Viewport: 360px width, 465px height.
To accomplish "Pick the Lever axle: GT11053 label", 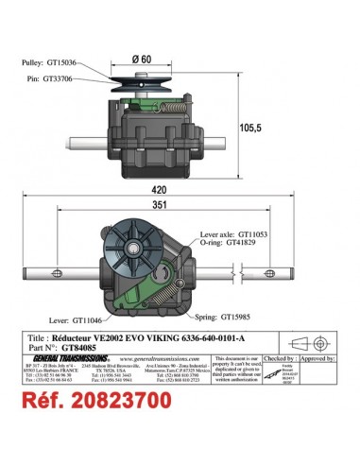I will pyautogui.click(x=269, y=233).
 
